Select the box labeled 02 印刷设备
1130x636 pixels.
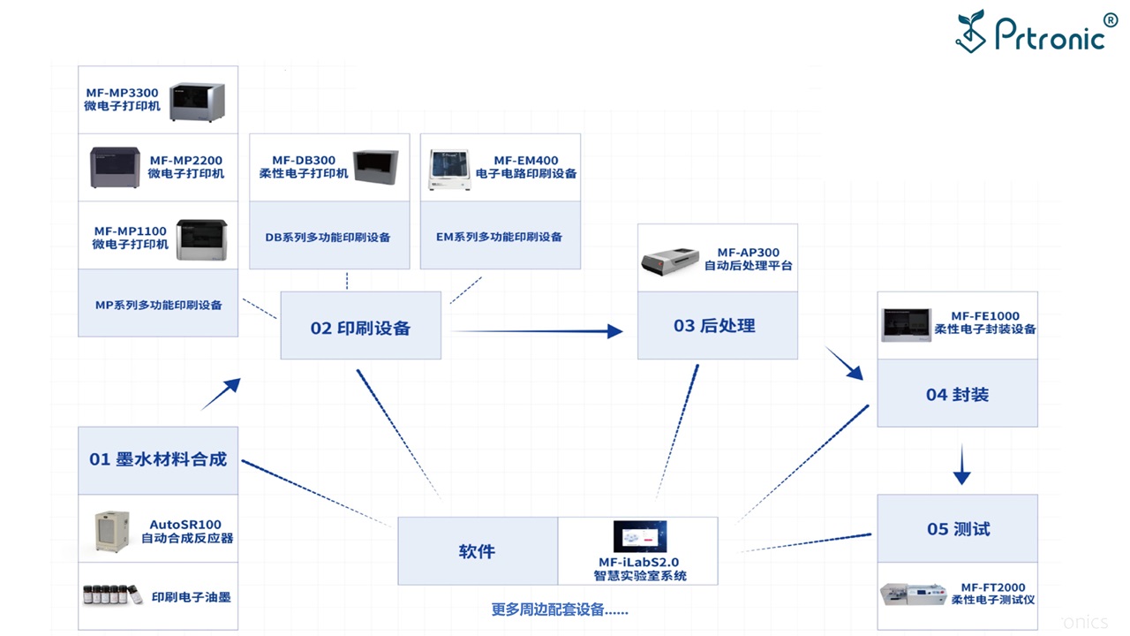pyautogui.click(x=360, y=328)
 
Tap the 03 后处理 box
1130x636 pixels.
pyautogui.click(x=716, y=326)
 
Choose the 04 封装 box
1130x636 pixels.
pyautogui.click(x=957, y=394)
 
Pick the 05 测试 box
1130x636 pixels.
pyautogui.click(x=957, y=529)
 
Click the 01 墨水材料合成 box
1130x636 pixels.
pyautogui.click(x=158, y=459)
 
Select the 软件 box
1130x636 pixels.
pyautogui.click(x=477, y=551)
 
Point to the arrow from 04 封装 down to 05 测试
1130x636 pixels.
pyautogui.click(x=962, y=466)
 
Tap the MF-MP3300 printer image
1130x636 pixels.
pyautogui.click(x=198, y=102)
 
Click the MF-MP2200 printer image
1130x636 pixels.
pyautogui.click(x=115, y=167)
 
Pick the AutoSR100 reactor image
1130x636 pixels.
pyautogui.click(x=112, y=532)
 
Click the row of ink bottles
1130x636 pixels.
pyautogui.click(x=112, y=595)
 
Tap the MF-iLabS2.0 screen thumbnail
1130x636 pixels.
pyautogui.click(x=639, y=537)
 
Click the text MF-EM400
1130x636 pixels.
pyautogui.click(x=526, y=161)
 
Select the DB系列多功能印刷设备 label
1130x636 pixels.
pyautogui.click(x=328, y=237)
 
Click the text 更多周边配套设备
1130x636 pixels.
pyautogui.click(x=560, y=609)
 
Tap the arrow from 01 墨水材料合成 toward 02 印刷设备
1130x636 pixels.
pyautogui.click(x=221, y=394)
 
